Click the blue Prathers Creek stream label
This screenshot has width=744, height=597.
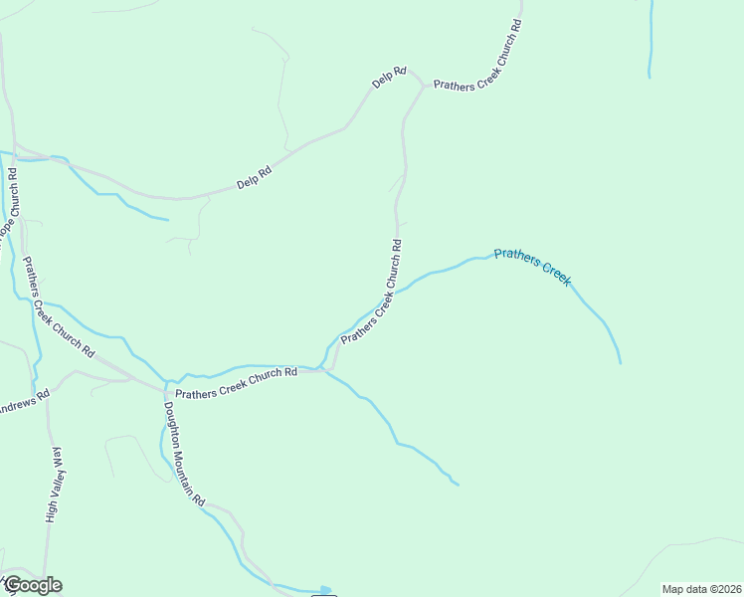click(532, 267)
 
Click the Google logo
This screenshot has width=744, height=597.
click(32, 585)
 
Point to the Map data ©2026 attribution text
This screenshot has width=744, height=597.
click(701, 588)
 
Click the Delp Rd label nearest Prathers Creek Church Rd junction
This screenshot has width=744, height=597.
click(390, 78)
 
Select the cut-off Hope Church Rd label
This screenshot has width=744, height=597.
click(10, 204)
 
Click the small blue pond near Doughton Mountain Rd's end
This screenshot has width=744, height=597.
click(324, 590)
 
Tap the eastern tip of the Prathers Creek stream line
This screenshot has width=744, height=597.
click(620, 362)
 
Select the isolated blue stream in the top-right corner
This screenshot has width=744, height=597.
click(651, 40)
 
